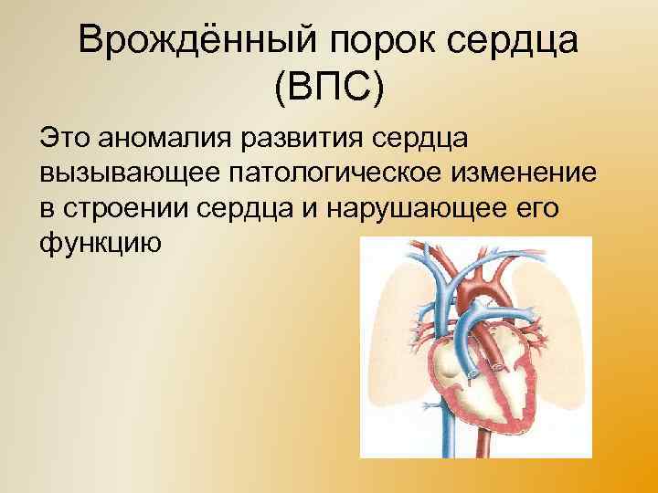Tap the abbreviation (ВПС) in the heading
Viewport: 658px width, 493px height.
click(x=329, y=89)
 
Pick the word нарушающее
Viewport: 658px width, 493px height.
click(x=407, y=208)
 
